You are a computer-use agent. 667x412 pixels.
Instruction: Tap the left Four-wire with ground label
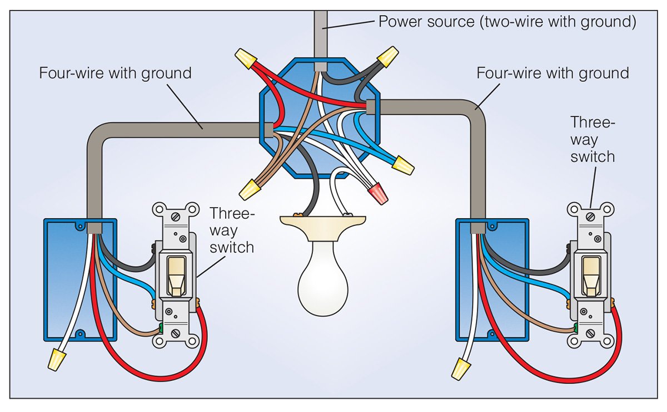click(115, 73)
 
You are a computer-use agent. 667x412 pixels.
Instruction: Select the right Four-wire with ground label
click(552, 73)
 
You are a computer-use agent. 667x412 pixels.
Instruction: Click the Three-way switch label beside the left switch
click(231, 230)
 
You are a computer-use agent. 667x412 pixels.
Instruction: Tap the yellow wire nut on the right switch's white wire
click(460, 368)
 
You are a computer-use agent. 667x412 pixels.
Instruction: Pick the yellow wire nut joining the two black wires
click(387, 57)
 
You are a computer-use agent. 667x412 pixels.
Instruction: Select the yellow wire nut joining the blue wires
click(403, 165)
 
